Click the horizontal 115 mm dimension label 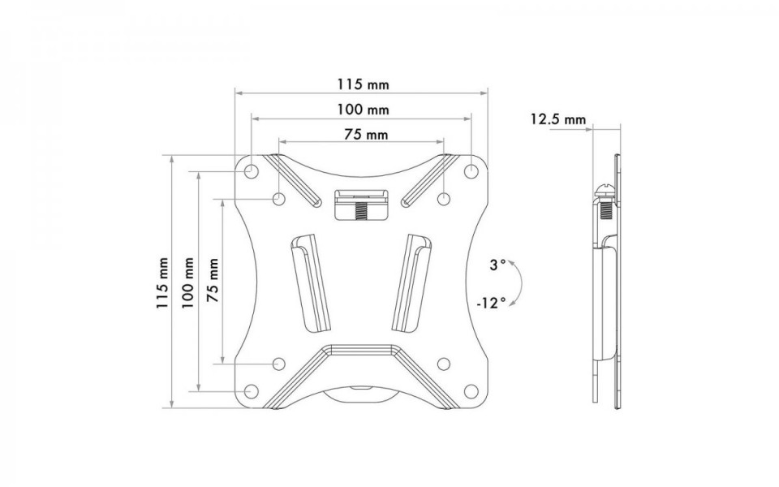[364, 84]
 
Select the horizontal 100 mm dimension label [364, 110]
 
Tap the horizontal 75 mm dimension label [366, 135]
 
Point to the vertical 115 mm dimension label [163, 282]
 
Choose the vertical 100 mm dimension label [187, 282]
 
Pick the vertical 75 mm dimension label [213, 280]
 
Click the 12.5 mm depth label [558, 119]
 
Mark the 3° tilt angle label [497, 265]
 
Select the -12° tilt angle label [491, 303]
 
